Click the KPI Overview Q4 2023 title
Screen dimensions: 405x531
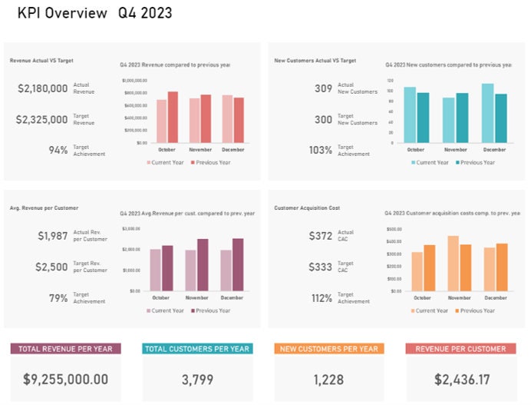coord(94,13)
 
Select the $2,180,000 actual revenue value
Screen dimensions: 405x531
coord(43,89)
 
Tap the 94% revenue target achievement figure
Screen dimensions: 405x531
coord(58,150)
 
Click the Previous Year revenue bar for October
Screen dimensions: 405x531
coord(173,117)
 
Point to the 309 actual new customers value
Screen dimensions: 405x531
coord(323,89)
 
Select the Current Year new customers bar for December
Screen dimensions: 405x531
coord(487,113)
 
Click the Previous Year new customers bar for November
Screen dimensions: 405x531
coord(462,118)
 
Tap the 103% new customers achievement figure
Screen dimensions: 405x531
coord(321,150)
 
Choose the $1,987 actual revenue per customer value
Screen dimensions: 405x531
coord(53,236)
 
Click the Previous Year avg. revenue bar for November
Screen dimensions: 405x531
coord(203,264)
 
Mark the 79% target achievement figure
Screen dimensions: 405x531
coord(58,298)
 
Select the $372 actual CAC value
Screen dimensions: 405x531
coord(320,236)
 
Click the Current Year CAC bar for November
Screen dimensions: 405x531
coord(453,264)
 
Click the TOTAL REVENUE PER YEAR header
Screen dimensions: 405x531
coord(65,349)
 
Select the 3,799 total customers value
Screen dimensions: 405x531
coord(197,379)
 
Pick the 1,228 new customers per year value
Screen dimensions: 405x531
coord(328,379)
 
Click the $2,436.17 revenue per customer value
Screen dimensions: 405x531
coord(460,379)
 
